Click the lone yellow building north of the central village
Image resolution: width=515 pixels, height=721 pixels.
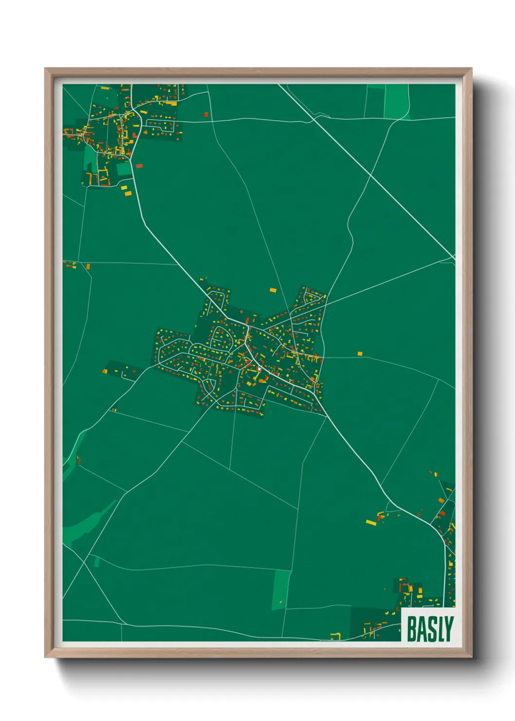pos(273,290)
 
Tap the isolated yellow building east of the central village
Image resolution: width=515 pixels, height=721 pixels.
pos(360,353)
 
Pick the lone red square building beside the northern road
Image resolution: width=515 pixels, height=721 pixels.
pos(206,115)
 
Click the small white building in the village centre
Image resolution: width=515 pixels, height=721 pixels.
pos(259,369)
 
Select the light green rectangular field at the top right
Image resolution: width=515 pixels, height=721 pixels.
pos(396,101)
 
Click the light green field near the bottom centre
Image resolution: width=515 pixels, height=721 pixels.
pos(281,589)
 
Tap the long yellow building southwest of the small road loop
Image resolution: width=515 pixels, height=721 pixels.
pos(371,523)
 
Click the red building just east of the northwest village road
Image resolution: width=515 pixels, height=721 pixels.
pos(139,166)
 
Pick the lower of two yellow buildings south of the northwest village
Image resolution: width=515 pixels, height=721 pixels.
pos(128,193)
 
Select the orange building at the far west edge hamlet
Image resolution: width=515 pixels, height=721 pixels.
pos(88,266)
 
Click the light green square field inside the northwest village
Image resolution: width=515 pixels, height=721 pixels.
pos(124,169)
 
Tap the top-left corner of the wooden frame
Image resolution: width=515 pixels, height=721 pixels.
pos(45,69)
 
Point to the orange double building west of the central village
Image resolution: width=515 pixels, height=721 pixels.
pos(104,371)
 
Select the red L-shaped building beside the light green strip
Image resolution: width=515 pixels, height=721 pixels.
pos(78,459)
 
